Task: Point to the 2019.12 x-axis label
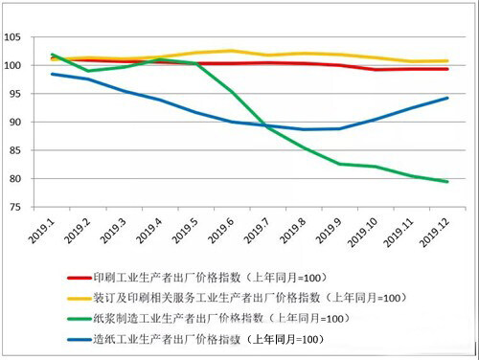(x=435, y=232)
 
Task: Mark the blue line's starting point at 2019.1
(x=52, y=74)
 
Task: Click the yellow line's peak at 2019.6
(x=231, y=51)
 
